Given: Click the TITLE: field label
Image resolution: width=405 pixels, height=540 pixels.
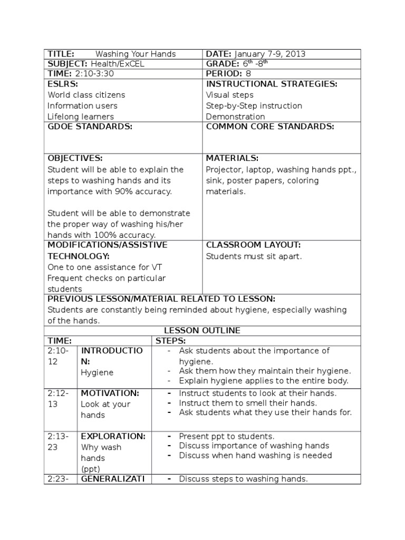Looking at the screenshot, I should point(61,54).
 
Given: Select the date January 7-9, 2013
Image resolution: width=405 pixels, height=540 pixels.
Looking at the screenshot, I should point(269,54).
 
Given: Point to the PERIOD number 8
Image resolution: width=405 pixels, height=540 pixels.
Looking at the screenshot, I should point(248,74).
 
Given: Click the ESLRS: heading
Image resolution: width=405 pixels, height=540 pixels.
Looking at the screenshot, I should point(63,84).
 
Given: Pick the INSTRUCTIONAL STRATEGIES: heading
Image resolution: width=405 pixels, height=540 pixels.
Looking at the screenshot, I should point(272,84).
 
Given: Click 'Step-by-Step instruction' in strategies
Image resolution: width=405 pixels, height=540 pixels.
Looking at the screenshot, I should point(254,106).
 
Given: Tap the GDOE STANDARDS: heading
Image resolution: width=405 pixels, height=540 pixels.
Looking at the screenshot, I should point(90,127).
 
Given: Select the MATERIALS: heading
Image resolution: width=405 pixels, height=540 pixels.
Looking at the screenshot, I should point(232,158).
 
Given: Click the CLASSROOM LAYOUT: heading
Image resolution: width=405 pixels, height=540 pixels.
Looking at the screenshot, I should point(253,245).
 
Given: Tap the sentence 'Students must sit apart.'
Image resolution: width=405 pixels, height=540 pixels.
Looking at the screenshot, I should point(254,257).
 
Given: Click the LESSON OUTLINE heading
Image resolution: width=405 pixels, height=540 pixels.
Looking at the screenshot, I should point(202,331).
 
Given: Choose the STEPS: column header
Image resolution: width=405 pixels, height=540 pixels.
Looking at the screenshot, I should point(171,341).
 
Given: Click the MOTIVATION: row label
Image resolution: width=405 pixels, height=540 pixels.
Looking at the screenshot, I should point(110,393).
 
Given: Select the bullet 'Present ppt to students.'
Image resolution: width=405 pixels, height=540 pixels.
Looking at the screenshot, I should point(227,437).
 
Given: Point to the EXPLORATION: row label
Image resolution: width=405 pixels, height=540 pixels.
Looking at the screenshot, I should point(113,437).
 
